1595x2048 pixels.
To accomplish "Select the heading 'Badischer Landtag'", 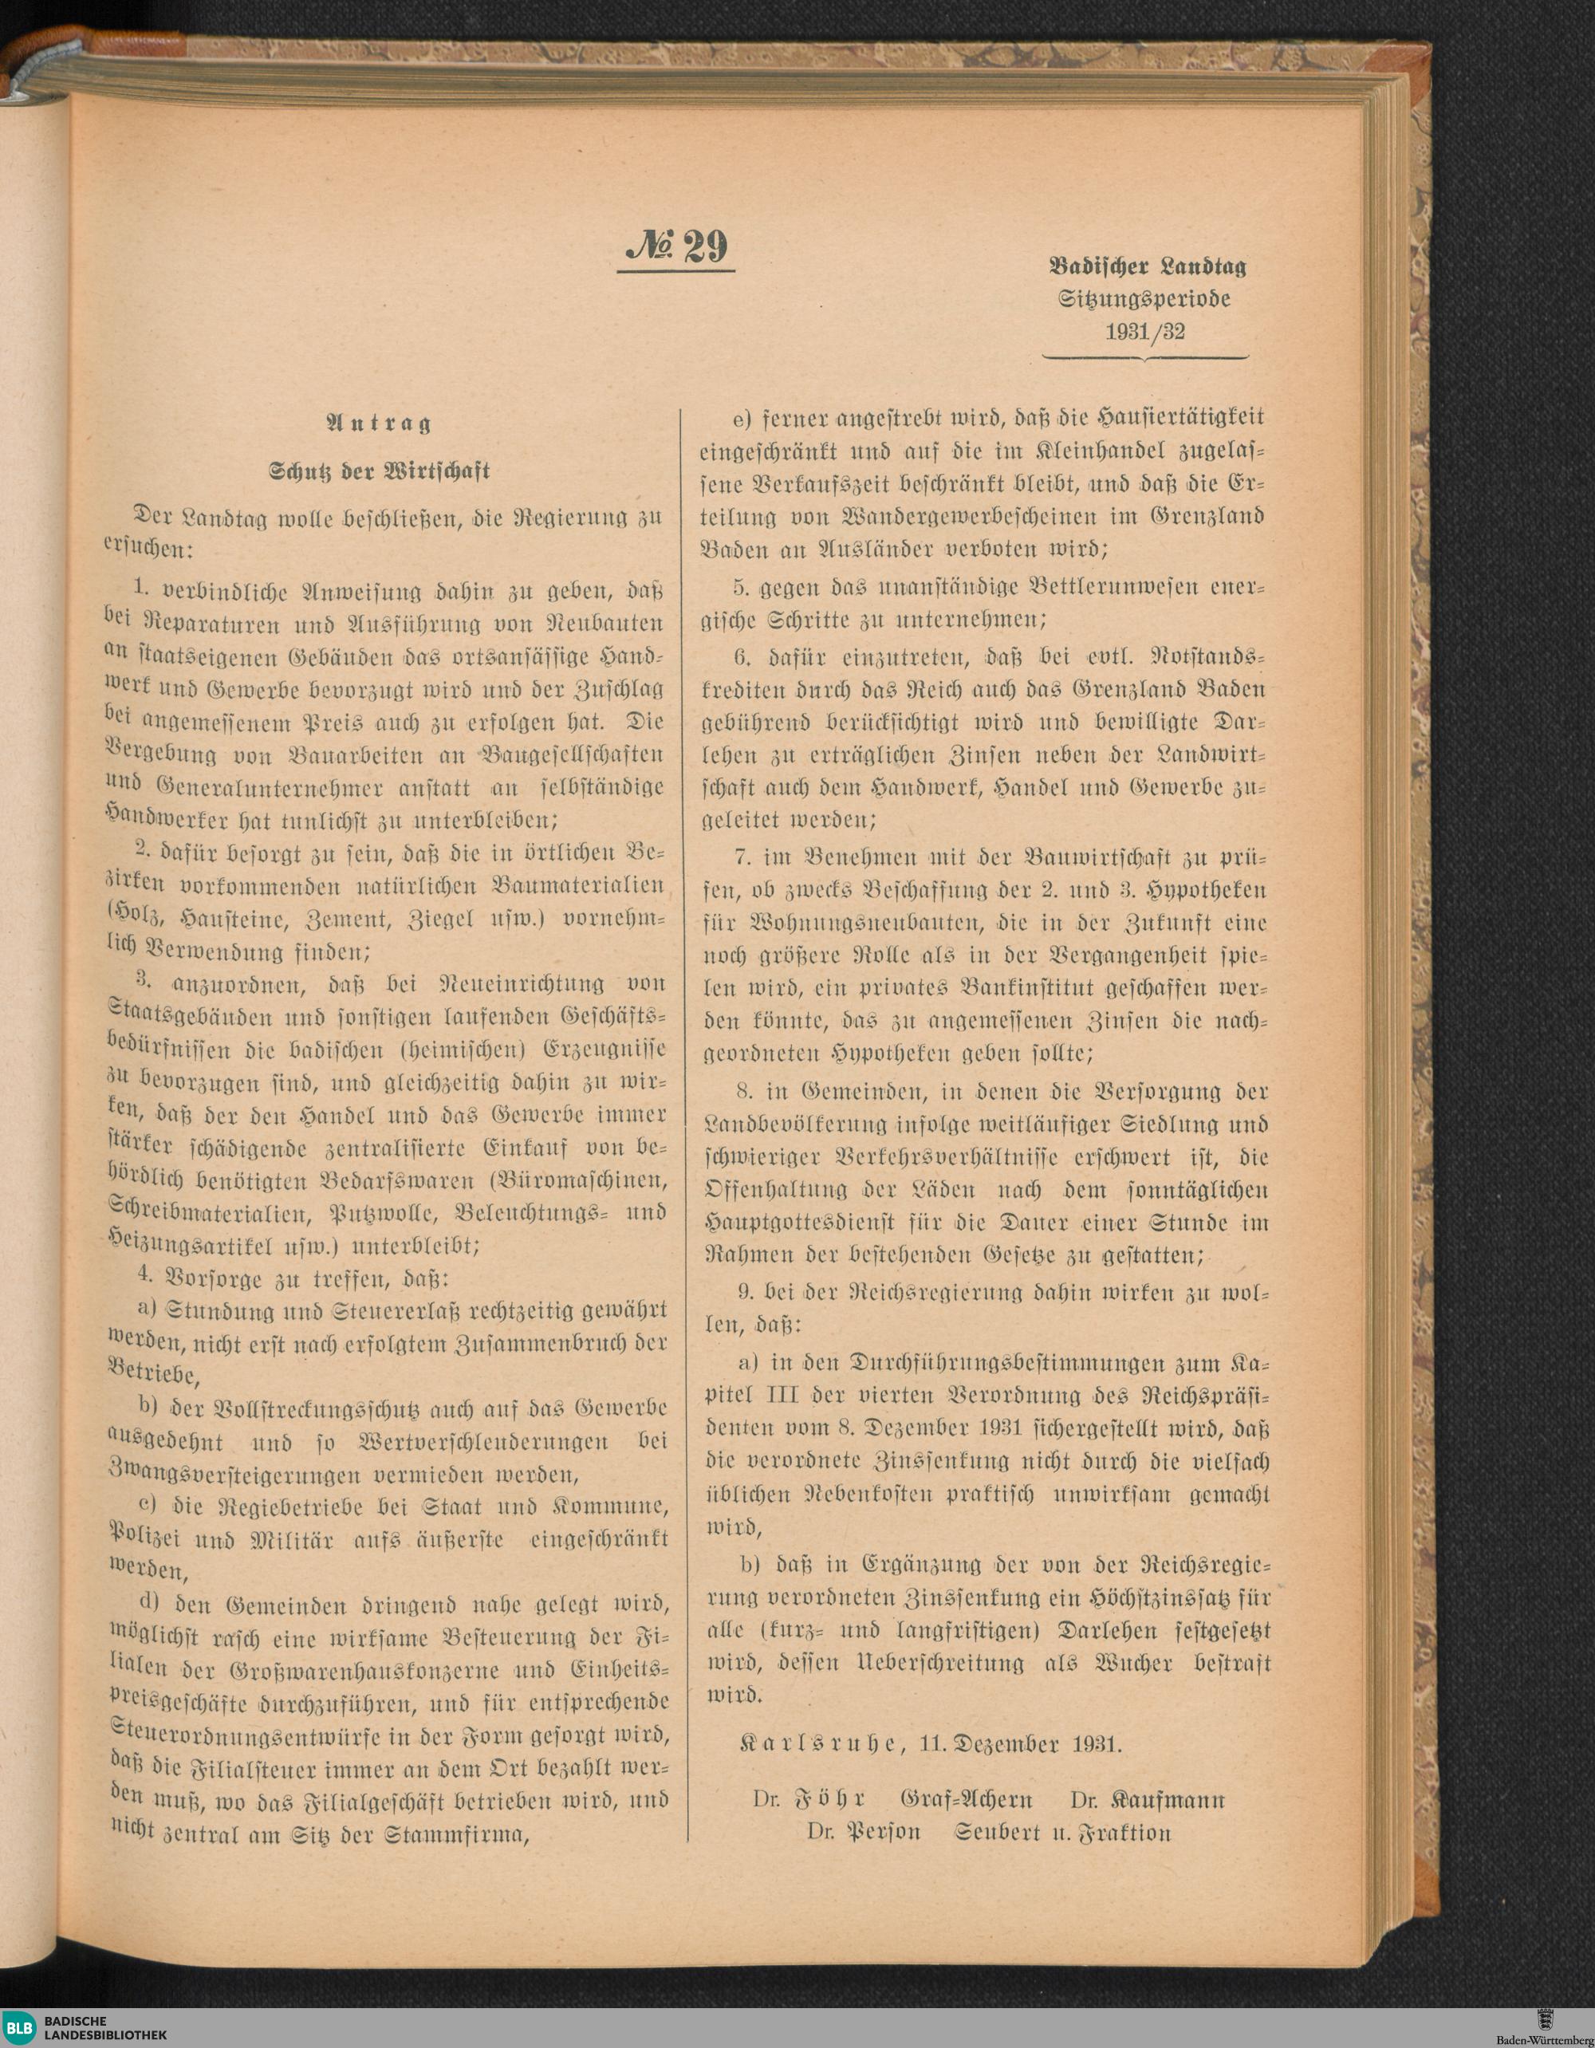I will [1147, 266].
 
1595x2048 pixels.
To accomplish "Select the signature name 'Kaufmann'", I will [1167, 1799].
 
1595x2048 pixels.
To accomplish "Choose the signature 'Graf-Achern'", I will [966, 1799].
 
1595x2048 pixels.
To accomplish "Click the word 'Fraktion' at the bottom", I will [1125, 1833].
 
